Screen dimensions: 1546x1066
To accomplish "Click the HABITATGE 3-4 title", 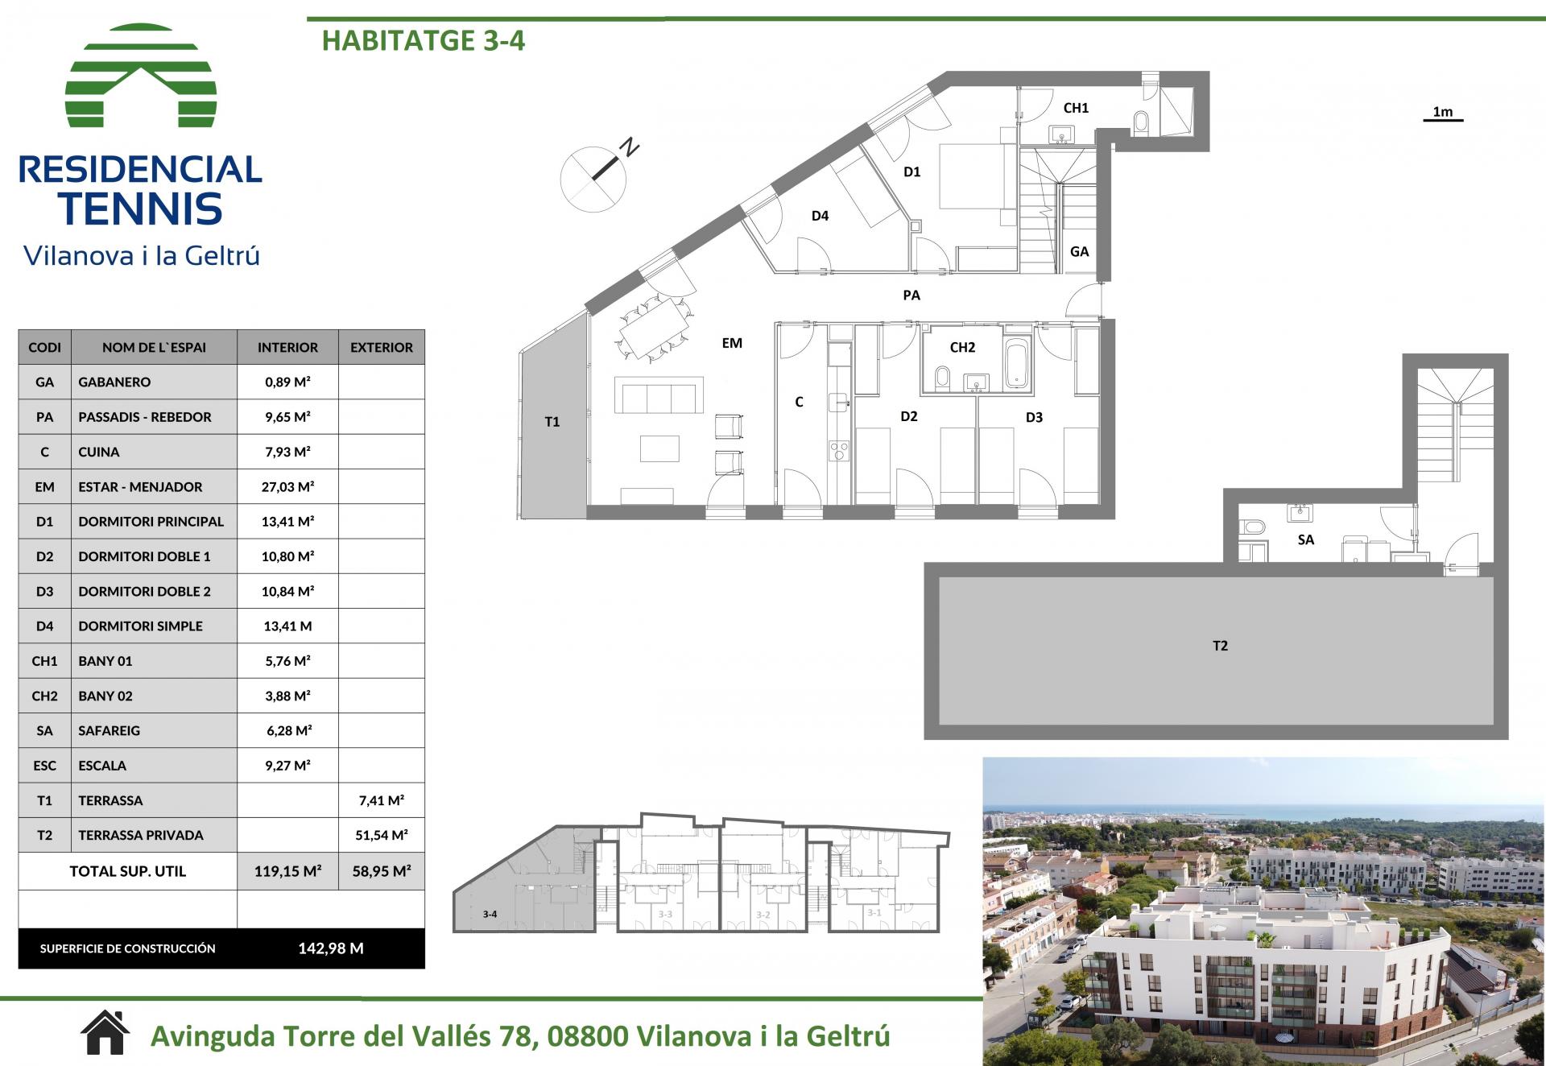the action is point(424,40).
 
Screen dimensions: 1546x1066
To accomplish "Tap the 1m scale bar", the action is point(1443,120).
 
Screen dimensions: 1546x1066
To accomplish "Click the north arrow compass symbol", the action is point(596,176).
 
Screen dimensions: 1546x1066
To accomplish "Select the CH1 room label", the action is point(1076,108).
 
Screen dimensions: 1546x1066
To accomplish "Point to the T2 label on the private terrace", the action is point(1220,646).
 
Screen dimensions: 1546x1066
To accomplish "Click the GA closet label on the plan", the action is point(1079,252).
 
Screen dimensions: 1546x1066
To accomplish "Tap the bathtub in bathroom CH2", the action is point(1017,364).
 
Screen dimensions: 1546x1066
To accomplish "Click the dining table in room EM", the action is point(655,328).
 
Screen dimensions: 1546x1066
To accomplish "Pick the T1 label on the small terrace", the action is point(552,422).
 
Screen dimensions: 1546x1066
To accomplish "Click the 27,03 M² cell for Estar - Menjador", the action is point(287,487).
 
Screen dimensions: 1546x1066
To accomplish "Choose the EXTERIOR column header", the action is point(382,348).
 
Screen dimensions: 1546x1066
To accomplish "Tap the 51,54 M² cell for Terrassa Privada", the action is point(382,836).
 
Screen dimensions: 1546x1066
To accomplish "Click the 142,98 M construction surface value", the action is point(331,948).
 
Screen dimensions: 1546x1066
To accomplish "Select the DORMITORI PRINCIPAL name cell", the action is point(151,522).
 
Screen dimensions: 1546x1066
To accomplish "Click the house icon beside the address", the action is point(105,1033).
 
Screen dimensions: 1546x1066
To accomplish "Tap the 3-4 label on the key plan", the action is point(490,914).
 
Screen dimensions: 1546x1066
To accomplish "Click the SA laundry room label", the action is point(1306,539).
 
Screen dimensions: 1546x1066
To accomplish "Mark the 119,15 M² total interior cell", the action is point(287,871).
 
